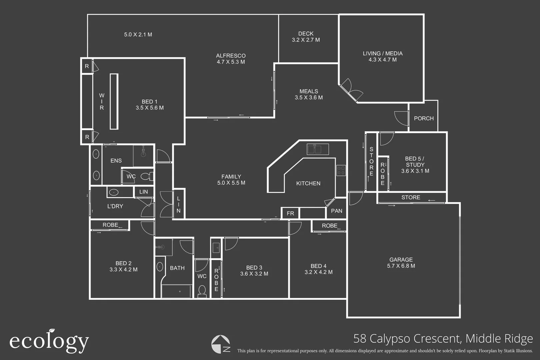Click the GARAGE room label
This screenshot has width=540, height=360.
tap(401, 263)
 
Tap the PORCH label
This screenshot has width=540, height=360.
tap(424, 118)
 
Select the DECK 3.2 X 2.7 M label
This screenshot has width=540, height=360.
tap(306, 37)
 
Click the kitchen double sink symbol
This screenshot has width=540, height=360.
tap(318, 149)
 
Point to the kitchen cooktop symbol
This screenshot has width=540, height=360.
tap(341, 170)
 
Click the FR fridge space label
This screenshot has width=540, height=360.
tap(290, 213)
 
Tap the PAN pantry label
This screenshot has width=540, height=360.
tap(336, 211)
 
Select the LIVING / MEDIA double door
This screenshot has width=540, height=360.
tap(350, 89)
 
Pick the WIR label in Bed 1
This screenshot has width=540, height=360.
tap(102, 102)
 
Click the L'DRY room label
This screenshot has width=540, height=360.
tap(115, 206)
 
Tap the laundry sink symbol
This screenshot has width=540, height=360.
tap(114, 192)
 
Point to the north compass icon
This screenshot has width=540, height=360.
tap(221, 344)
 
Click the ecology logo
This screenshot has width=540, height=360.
tap(49, 341)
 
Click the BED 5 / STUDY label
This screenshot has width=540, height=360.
tap(415, 165)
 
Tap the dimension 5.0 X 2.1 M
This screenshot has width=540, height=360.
tap(138, 35)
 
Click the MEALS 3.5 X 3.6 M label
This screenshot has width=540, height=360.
tap(309, 94)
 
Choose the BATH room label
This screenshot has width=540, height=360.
tap(177, 268)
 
